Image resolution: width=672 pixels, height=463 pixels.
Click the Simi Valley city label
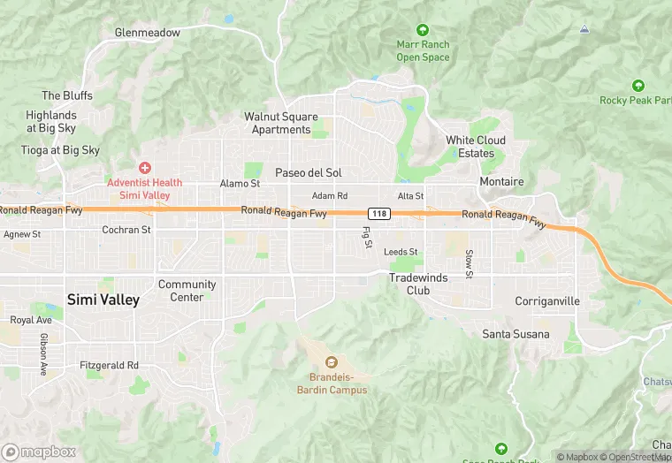tap(103, 300)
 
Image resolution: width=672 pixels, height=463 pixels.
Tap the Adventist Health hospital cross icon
tap(145, 167)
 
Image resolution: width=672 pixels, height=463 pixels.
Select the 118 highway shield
tap(379, 214)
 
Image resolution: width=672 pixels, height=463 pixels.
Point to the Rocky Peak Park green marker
tap(638, 86)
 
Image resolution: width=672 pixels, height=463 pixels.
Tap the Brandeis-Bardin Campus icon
tap(331, 361)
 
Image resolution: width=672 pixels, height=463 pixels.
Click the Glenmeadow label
tap(147, 33)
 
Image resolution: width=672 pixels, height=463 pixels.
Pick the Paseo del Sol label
tap(309, 172)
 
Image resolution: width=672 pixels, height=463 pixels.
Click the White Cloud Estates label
tap(476, 147)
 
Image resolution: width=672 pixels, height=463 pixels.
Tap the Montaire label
tap(501, 182)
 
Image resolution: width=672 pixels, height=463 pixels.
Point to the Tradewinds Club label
tap(418, 284)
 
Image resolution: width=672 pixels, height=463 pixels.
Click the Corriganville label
tap(547, 301)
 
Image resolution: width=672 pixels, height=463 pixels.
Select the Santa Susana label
tap(515, 334)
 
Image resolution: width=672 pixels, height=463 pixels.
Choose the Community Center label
tap(187, 291)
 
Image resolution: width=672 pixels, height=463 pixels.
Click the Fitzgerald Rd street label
tap(109, 365)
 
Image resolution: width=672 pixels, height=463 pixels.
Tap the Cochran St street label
tap(126, 230)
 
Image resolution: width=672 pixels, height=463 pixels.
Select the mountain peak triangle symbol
tap(584, 29)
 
